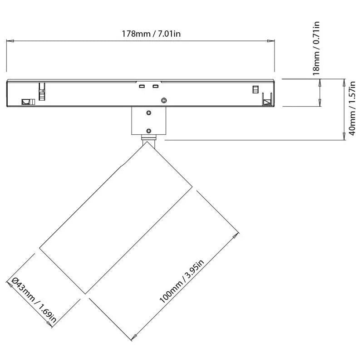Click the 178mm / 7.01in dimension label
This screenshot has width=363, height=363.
[x=151, y=34]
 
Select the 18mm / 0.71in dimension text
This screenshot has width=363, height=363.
[x=316, y=49]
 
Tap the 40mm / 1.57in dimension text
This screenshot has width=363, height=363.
[x=352, y=108]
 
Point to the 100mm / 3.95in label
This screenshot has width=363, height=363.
[x=182, y=281]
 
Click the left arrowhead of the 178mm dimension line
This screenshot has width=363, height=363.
[x=10, y=41]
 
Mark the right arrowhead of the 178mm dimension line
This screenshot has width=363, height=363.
[x=270, y=41]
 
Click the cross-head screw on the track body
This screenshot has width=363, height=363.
[x=164, y=100]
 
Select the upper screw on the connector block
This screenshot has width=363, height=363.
[x=149, y=113]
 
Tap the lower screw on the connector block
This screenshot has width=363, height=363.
[x=149, y=131]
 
